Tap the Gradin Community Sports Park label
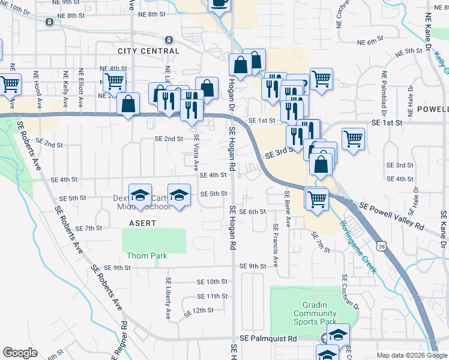[x=315, y=313]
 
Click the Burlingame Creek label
[x=358, y=247]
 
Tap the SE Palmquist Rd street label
[x=268, y=339]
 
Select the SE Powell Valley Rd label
[x=391, y=217]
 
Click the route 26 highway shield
[x=382, y=245]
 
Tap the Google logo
[x=20, y=353]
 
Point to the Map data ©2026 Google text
[x=411, y=355]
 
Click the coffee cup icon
[x=218, y=4]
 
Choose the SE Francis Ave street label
[x=276, y=246]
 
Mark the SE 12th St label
[x=199, y=311]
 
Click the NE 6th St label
[x=370, y=42]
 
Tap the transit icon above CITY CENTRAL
[x=169, y=40]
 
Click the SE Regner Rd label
[x=124, y=339]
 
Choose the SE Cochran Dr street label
[x=346, y=293]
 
